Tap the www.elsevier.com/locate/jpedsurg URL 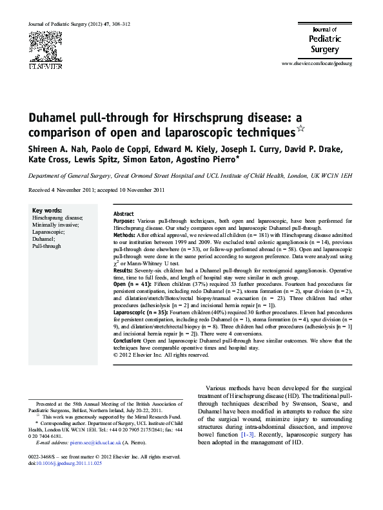(x=317, y=64)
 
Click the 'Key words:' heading (x=47, y=211)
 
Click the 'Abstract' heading (x=123, y=213)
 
